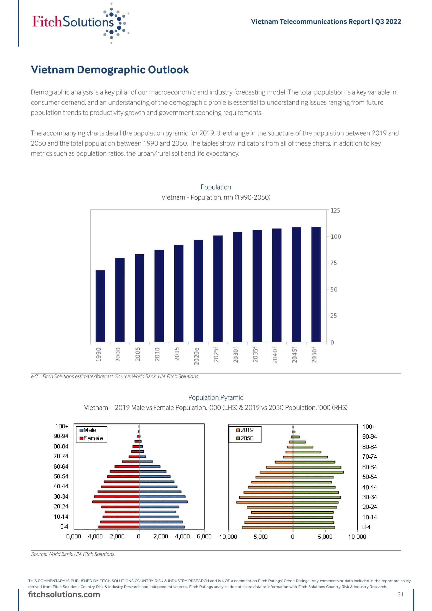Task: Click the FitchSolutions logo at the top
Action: (x=80, y=23)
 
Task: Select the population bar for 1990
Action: (x=100, y=306)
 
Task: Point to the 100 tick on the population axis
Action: (x=335, y=237)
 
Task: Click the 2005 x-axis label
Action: (x=138, y=354)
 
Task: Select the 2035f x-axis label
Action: (x=255, y=355)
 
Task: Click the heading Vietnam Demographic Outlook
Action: (x=110, y=70)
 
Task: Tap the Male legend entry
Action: (x=88, y=430)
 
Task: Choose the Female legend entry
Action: (x=91, y=438)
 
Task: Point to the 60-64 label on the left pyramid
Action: (x=61, y=467)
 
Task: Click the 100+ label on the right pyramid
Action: (x=369, y=427)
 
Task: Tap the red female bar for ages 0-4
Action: (x=119, y=527)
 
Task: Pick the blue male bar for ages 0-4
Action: (x=162, y=527)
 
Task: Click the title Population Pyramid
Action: (x=216, y=397)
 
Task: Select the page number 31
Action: (x=400, y=594)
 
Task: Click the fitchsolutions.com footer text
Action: (x=64, y=595)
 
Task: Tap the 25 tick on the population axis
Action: (x=333, y=316)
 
